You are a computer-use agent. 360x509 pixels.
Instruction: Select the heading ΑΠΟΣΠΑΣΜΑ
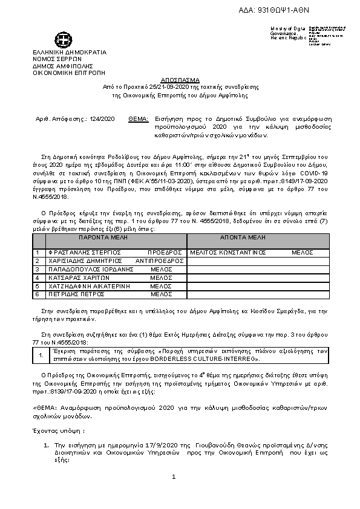pyautogui.click(x=180, y=80)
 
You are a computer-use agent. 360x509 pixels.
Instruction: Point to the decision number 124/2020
pyautogui.click(x=100, y=120)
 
